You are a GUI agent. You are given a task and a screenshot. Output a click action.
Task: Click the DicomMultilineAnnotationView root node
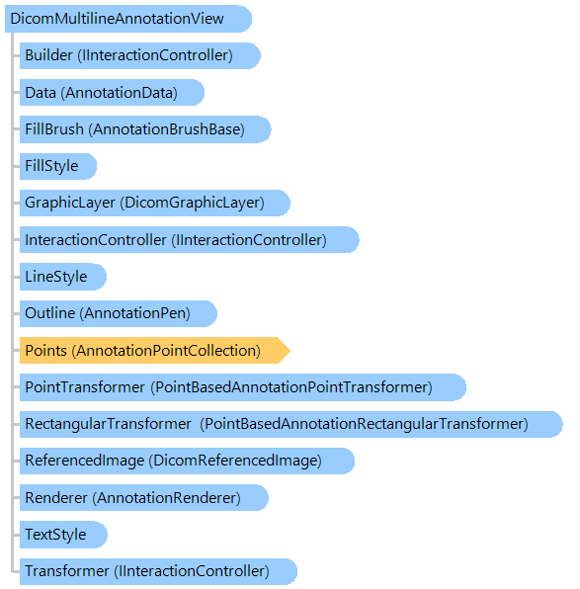(x=128, y=19)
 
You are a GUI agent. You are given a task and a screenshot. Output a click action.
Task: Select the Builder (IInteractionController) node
(x=139, y=55)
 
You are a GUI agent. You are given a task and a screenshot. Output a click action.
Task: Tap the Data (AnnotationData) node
(x=112, y=93)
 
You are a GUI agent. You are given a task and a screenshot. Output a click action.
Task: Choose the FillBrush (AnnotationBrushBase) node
(x=145, y=129)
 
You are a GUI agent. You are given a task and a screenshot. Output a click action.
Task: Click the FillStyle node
(x=58, y=166)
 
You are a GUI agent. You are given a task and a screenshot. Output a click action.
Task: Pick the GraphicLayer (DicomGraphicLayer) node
(x=155, y=203)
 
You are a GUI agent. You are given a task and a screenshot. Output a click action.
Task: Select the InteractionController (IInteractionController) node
(x=190, y=240)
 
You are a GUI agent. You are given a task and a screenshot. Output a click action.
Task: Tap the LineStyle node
(x=63, y=277)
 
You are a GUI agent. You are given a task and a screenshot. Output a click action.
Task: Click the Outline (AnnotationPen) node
(x=119, y=313)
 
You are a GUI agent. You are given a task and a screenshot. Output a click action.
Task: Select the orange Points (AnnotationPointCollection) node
(x=155, y=351)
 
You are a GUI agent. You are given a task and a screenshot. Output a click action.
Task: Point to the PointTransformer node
(x=243, y=387)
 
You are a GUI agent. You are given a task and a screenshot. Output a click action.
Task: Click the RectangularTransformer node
(x=291, y=424)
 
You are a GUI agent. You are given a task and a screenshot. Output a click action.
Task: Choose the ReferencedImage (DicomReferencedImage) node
(x=187, y=461)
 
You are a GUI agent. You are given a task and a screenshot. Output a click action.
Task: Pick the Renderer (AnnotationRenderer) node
(x=144, y=498)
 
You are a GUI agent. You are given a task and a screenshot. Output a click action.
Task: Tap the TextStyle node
(x=63, y=535)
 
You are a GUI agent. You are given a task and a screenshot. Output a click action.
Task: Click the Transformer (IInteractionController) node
(x=158, y=571)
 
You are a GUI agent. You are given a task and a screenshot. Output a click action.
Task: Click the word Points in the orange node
(x=45, y=351)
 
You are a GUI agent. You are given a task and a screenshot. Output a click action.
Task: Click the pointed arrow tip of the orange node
(x=290, y=351)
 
